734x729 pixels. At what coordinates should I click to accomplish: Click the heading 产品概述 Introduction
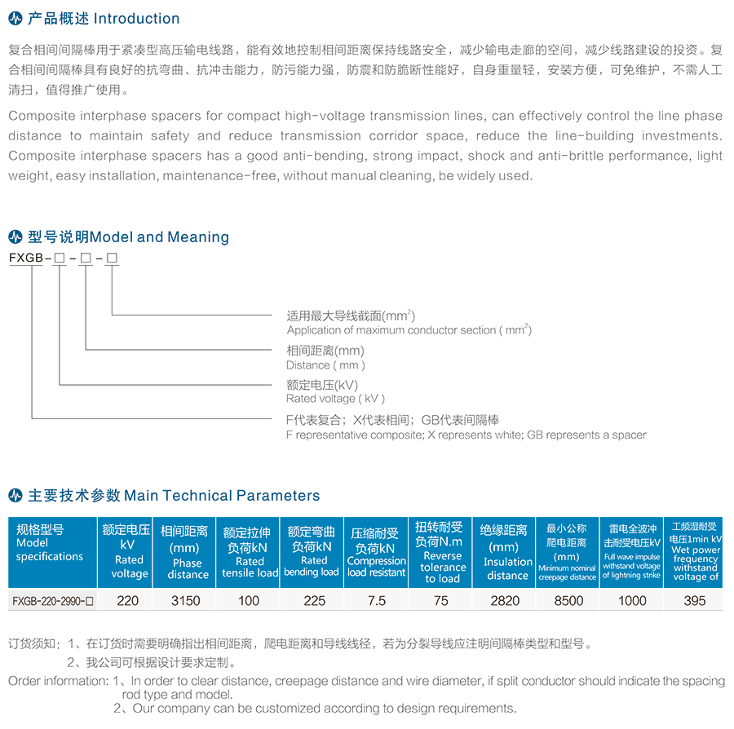(x=104, y=19)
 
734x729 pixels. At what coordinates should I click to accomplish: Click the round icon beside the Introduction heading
(x=15, y=19)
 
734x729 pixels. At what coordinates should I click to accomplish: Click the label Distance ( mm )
(x=325, y=365)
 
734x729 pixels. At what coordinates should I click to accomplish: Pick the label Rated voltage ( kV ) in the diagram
(x=335, y=399)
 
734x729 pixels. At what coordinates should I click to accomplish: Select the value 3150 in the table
(x=188, y=601)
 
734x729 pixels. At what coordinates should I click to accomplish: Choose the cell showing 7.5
(x=376, y=601)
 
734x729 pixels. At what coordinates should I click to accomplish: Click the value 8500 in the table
(x=568, y=601)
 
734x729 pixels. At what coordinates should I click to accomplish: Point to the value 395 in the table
(x=695, y=601)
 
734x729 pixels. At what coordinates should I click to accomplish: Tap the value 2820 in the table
(x=503, y=601)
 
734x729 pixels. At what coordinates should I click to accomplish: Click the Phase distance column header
(x=188, y=550)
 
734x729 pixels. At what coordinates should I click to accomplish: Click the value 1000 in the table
(x=631, y=601)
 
